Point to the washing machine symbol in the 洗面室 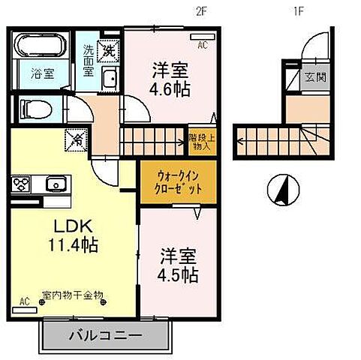(110, 50)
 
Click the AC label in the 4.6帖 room (202, 45)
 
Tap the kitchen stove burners (20, 184)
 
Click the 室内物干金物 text (73, 296)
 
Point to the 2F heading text (200, 11)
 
